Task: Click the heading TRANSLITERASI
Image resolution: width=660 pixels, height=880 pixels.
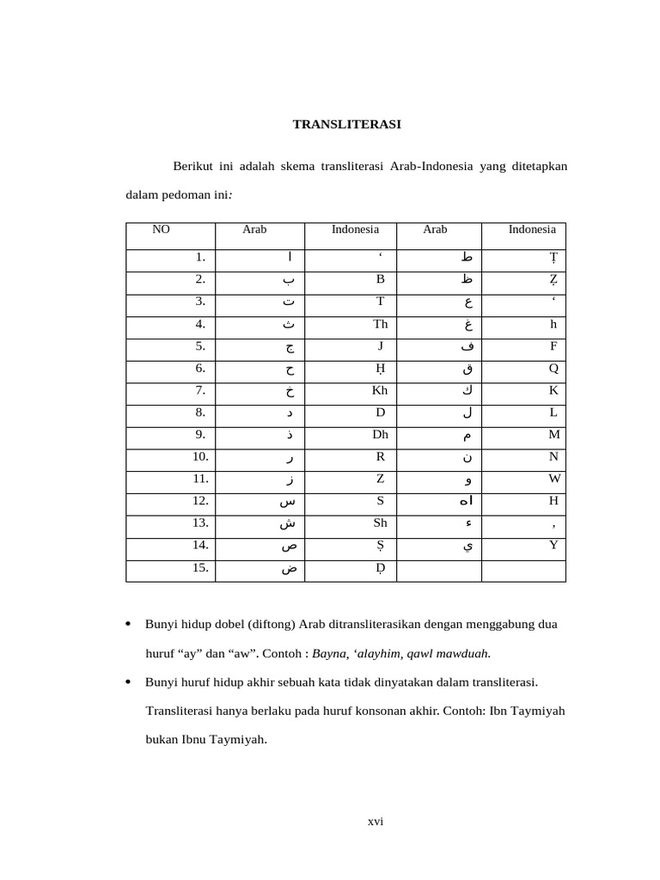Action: [x=347, y=125]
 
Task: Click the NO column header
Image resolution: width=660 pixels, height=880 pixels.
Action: [x=161, y=229]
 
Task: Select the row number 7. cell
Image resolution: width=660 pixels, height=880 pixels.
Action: [x=199, y=390]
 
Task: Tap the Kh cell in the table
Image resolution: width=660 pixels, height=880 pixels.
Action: [x=379, y=390]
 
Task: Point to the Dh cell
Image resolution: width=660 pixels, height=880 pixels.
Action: [x=380, y=435]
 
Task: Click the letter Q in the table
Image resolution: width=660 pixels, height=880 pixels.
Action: [x=553, y=368]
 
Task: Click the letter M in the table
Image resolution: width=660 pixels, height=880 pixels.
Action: [x=554, y=435]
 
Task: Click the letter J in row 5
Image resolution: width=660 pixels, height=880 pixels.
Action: [x=380, y=345]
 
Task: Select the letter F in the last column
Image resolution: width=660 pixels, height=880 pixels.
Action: [x=554, y=345]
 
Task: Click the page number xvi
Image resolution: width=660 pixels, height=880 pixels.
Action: [x=376, y=822]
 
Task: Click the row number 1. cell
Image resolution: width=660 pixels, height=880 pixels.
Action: [x=200, y=256]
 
